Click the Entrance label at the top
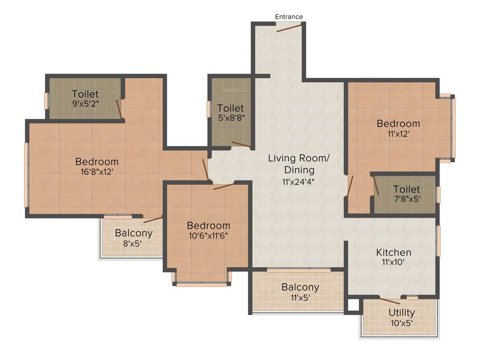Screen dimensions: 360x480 coord(289,16)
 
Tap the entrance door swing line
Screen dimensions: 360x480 coord(289,28)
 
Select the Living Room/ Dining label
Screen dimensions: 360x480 coord(298,164)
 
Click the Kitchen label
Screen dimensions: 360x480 coord(394,253)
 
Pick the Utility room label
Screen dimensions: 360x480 coord(401,313)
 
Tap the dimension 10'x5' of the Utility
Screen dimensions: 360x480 coord(401,322)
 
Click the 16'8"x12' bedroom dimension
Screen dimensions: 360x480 coord(97,172)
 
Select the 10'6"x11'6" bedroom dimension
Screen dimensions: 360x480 coord(208,236)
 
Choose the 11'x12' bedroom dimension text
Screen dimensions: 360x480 coord(398,134)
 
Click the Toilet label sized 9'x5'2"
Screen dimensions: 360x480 coord(85,94)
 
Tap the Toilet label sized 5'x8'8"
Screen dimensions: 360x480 coord(230,108)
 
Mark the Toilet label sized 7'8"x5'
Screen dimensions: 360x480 coord(406,189)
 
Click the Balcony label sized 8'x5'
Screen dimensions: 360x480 coord(134,233)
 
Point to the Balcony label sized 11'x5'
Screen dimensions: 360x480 coord(300,287)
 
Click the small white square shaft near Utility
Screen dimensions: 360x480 coord(353,306)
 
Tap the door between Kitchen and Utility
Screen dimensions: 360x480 coord(390,300)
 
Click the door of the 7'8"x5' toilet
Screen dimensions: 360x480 coord(376,186)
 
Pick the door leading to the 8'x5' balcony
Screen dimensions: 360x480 coord(153,219)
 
